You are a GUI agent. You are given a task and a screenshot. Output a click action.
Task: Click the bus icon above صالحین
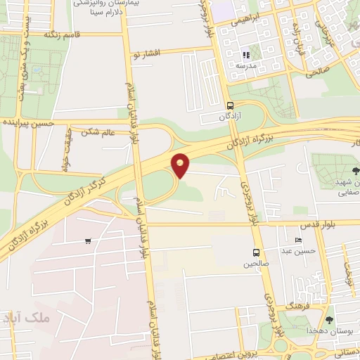(256, 252)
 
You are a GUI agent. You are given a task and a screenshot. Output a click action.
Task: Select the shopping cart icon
(88, 241)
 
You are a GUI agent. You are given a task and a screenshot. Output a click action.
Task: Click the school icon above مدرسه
(245, 55)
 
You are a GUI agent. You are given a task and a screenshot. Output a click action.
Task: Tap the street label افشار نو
(150, 53)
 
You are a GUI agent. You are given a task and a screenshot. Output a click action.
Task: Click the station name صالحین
(256, 264)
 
